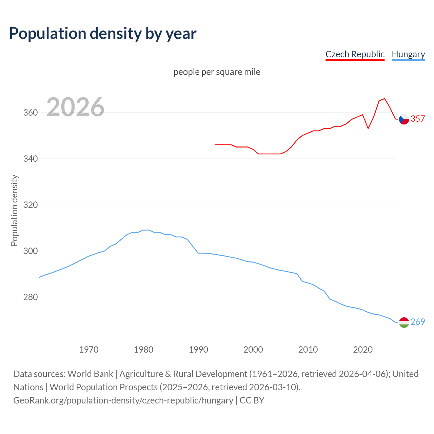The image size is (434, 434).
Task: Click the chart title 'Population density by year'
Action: [x=103, y=33]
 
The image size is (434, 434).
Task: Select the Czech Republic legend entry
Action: [x=355, y=54]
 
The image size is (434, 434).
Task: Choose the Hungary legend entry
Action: [x=408, y=54]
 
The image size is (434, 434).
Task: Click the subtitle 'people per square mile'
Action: [x=217, y=72]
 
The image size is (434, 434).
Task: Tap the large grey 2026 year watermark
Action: [x=75, y=107]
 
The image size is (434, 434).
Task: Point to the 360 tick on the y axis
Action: [x=30, y=113]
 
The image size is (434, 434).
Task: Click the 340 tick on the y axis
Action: [x=30, y=159]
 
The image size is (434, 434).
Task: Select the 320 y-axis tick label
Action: [x=30, y=205]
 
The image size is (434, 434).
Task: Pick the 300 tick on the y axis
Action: [x=30, y=251]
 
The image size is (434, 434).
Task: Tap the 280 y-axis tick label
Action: [x=30, y=297]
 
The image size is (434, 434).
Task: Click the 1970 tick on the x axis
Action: [x=89, y=349]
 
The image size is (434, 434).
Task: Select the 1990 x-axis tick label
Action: [x=198, y=349]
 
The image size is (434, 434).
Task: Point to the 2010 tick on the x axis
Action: [x=308, y=349]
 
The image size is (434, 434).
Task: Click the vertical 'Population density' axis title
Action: [x=14, y=210]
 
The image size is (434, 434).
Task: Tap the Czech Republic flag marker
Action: [x=404, y=119]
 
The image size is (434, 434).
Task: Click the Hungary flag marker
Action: [x=404, y=322]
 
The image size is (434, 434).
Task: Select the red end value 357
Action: [x=418, y=119]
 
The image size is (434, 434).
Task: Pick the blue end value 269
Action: [x=418, y=322]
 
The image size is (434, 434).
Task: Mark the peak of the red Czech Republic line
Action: [x=384, y=99]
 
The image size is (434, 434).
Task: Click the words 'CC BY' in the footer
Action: [x=252, y=400]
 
